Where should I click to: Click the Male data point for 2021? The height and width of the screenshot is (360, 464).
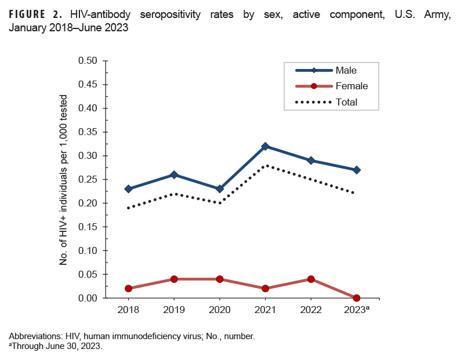(266, 146)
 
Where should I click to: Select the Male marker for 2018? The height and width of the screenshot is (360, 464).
(129, 189)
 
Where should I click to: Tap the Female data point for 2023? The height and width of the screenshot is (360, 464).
(357, 298)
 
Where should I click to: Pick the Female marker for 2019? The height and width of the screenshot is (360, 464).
(175, 279)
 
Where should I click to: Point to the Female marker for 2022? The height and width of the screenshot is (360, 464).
(311, 279)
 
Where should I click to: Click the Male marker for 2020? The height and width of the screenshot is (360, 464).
(220, 189)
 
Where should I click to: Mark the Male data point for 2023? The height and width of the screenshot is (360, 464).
(357, 170)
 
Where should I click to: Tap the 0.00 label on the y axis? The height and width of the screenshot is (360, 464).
(89, 298)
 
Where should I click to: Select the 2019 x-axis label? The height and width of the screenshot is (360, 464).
(175, 310)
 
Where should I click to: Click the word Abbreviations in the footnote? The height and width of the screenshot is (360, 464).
(34, 336)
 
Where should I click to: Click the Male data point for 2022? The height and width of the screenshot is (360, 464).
(311, 161)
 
